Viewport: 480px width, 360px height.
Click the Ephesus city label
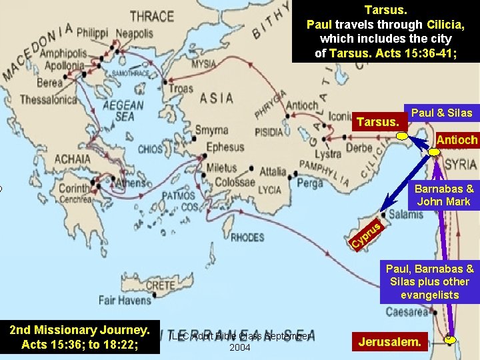click(225, 147)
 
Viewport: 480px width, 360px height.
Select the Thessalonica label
click(49, 100)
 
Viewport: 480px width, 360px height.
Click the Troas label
click(181, 89)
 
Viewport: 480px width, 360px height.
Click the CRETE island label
click(160, 285)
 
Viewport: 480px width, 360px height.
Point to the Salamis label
click(405, 214)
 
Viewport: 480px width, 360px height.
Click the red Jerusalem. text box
click(390, 343)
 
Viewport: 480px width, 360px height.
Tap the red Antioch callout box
click(457, 140)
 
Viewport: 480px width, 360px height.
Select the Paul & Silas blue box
click(441, 113)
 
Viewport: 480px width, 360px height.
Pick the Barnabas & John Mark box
click(443, 195)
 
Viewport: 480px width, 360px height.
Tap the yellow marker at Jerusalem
click(451, 339)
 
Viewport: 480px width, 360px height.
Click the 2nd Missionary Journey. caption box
click(79, 337)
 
